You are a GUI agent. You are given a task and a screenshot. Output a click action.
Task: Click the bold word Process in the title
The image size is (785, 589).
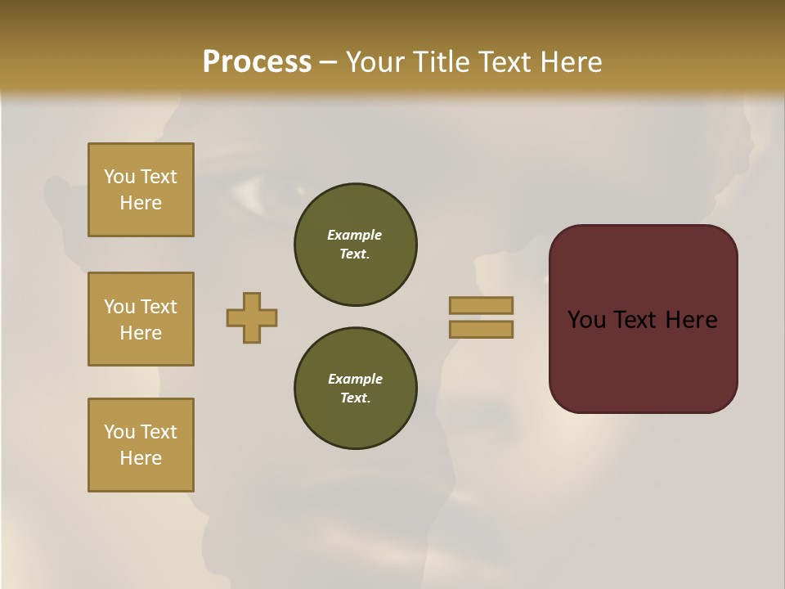click(x=257, y=62)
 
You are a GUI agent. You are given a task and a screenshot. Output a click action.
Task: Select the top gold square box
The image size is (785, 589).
click(x=141, y=190)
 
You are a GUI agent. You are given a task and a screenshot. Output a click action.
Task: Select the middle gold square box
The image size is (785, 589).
click(x=141, y=319)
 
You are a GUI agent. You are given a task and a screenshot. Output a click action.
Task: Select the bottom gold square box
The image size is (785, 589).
click(x=141, y=445)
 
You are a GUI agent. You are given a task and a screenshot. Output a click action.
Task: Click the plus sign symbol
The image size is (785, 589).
click(x=252, y=317)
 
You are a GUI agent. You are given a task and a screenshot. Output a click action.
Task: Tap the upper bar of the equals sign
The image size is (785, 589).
click(x=482, y=305)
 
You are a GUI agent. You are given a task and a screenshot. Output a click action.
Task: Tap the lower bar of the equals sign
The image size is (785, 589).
click(x=482, y=330)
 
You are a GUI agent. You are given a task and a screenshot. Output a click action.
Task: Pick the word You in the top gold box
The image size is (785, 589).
click(x=119, y=177)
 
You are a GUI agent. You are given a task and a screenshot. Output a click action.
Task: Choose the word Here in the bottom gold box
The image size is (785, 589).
click(x=141, y=458)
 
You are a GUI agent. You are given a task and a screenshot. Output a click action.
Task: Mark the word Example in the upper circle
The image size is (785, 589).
click(x=355, y=235)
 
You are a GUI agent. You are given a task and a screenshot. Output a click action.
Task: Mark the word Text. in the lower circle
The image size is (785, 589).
click(x=355, y=398)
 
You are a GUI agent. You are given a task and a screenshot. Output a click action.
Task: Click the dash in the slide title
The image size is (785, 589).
click(x=329, y=62)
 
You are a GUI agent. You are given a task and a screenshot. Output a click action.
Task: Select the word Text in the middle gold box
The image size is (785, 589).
click(x=158, y=307)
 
